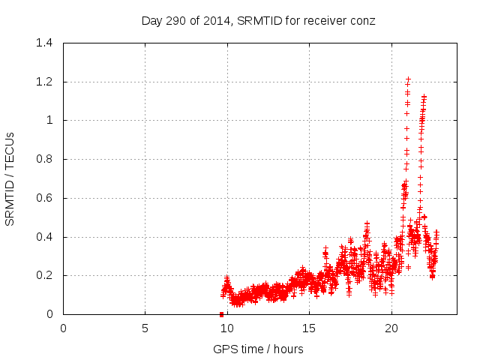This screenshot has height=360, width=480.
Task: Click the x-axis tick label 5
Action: coord(145,328)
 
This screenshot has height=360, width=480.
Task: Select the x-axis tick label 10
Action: coord(227,328)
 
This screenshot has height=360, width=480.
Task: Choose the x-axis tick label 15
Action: coord(309,328)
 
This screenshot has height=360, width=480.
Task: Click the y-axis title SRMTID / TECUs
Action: coord(10,178)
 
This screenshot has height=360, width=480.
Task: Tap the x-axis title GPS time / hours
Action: coord(259,349)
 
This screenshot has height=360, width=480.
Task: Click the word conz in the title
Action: coord(363,20)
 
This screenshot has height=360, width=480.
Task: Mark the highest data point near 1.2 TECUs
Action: coord(408,79)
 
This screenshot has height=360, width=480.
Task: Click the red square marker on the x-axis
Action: coord(221,314)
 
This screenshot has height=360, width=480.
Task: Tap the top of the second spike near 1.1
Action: coord(424,97)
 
